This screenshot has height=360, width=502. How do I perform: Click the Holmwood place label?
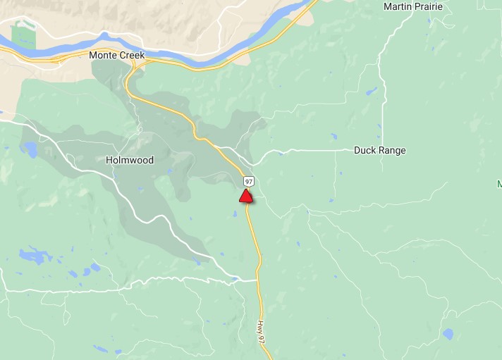[x=129, y=160]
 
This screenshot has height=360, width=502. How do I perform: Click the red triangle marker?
[x=245, y=196]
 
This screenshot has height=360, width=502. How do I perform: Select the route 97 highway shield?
[x=249, y=182]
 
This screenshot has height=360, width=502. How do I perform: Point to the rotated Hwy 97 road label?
[x=261, y=331]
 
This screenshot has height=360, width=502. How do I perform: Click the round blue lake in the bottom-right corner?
[x=447, y=333]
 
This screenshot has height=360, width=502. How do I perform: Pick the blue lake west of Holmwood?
[x=30, y=149]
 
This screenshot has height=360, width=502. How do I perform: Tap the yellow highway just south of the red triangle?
[x=252, y=225]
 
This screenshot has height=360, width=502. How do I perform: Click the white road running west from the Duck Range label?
[x=310, y=150]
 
